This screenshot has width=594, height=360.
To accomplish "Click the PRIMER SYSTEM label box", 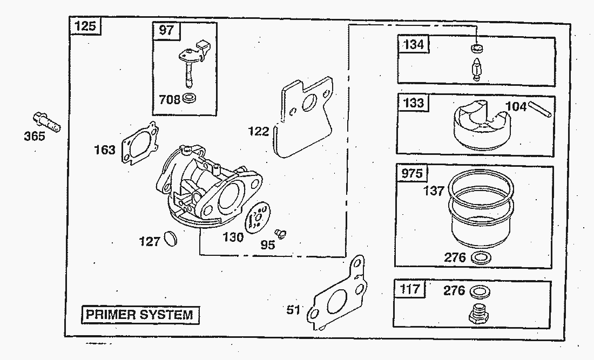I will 140,314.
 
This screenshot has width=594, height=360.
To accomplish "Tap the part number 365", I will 35,137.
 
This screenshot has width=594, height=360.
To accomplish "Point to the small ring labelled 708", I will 189,98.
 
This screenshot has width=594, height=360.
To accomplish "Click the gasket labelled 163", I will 139,144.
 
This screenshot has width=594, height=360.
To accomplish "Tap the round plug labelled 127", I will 170,237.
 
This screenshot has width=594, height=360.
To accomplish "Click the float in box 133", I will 481,127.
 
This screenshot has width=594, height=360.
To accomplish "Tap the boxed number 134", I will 414,44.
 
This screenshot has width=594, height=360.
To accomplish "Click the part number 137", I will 434,191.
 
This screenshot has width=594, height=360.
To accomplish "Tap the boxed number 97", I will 167,30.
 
